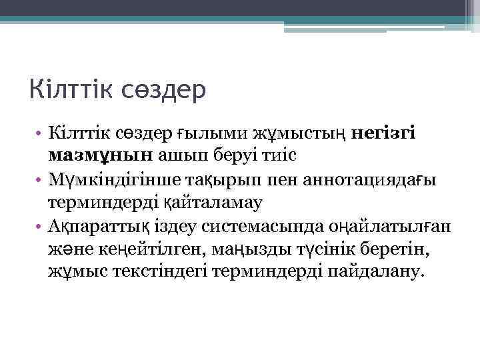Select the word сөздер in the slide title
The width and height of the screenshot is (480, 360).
[x=163, y=89]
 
